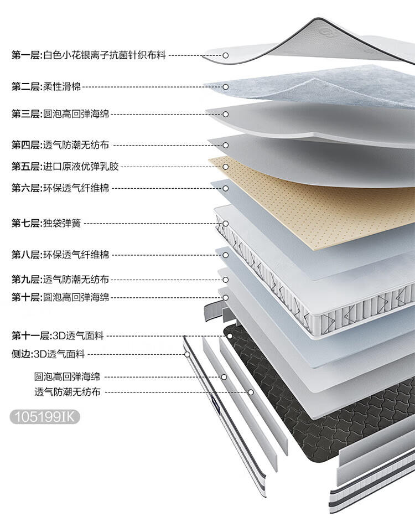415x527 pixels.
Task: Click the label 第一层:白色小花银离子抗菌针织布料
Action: click(x=89, y=55)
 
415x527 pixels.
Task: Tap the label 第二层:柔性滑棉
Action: click(x=46, y=87)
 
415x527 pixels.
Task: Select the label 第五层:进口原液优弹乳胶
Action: click(x=65, y=167)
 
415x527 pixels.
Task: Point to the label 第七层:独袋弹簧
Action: click(x=46, y=223)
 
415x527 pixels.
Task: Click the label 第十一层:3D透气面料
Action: click(x=58, y=335)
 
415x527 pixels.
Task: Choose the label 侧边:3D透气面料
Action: click(x=48, y=354)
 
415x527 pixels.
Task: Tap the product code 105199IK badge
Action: click(x=45, y=417)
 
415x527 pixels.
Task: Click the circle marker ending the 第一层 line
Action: click(x=225, y=55)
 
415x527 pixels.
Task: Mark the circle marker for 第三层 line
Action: click(x=225, y=114)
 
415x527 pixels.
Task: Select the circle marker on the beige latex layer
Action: click(x=225, y=167)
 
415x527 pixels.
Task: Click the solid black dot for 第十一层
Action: click(x=230, y=336)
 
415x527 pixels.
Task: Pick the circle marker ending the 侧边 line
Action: click(x=188, y=354)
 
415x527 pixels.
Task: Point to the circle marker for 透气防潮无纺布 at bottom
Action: click(x=251, y=392)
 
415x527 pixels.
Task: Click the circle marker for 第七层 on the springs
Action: click(x=225, y=224)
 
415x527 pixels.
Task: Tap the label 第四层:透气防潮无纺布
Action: click(x=60, y=145)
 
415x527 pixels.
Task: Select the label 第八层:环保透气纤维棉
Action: click(x=60, y=255)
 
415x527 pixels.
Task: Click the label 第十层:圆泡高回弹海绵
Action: click(x=60, y=297)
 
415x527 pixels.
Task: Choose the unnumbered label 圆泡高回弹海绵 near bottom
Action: click(x=67, y=376)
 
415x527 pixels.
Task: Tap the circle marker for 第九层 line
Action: click(x=225, y=280)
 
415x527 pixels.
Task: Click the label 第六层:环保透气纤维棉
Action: click(x=60, y=188)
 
